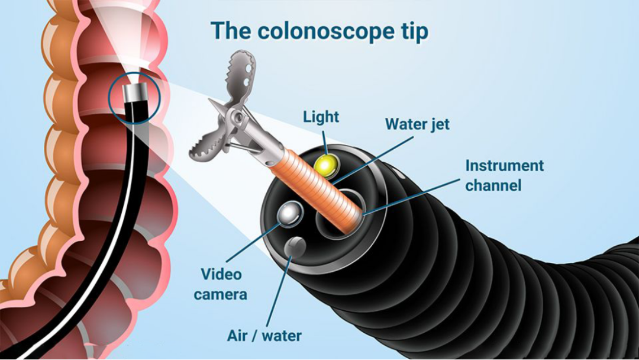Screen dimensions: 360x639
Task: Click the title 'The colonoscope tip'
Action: tap(319, 31)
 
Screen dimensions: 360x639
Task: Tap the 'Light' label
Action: tap(321, 116)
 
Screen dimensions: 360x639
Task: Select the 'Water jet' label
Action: tap(417, 124)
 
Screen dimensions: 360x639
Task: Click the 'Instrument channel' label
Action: tap(504, 175)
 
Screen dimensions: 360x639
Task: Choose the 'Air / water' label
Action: tap(264, 336)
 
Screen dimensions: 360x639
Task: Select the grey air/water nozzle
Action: tap(295, 246)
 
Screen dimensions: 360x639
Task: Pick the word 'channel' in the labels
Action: tap(493, 185)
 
